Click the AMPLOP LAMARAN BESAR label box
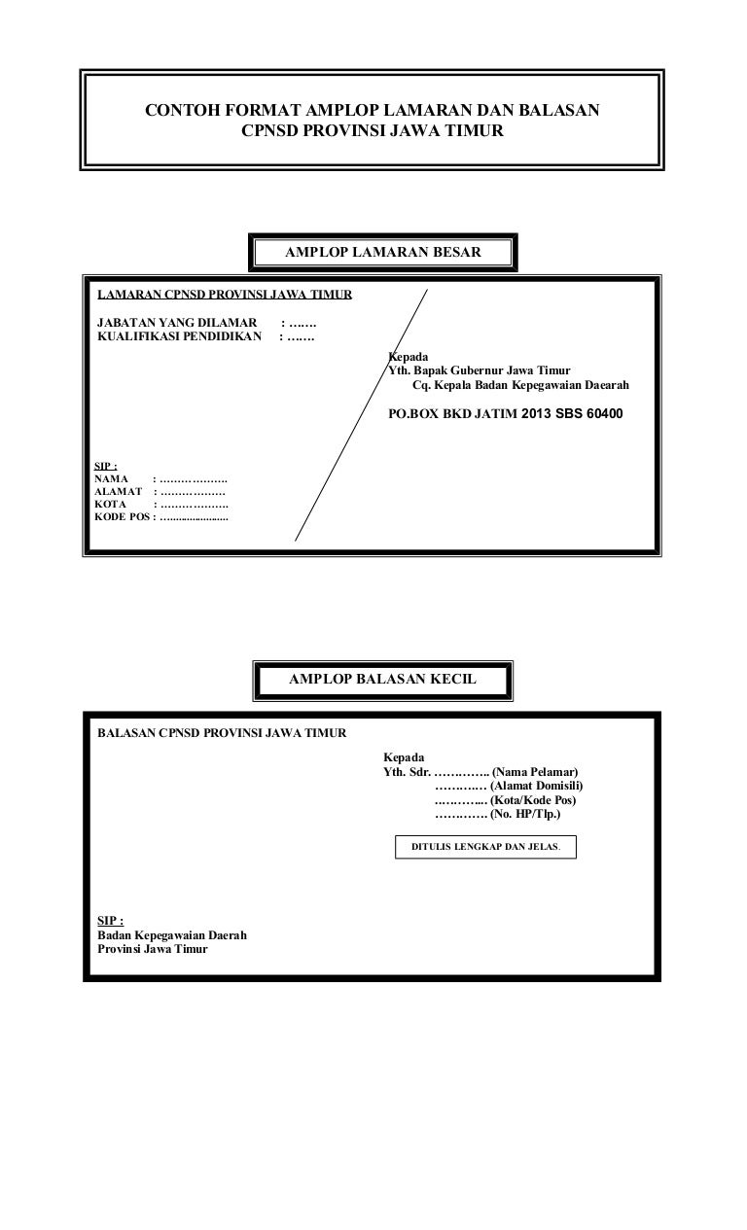(x=383, y=253)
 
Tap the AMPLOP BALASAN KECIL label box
(x=382, y=680)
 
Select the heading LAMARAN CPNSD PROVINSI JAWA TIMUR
(x=225, y=295)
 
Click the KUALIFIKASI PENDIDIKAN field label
(x=181, y=337)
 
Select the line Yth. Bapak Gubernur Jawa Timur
(x=479, y=370)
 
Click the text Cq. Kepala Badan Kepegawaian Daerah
(x=520, y=385)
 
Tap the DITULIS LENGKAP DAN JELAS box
(x=485, y=847)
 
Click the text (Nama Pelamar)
(x=535, y=771)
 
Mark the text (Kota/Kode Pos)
(x=534, y=800)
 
